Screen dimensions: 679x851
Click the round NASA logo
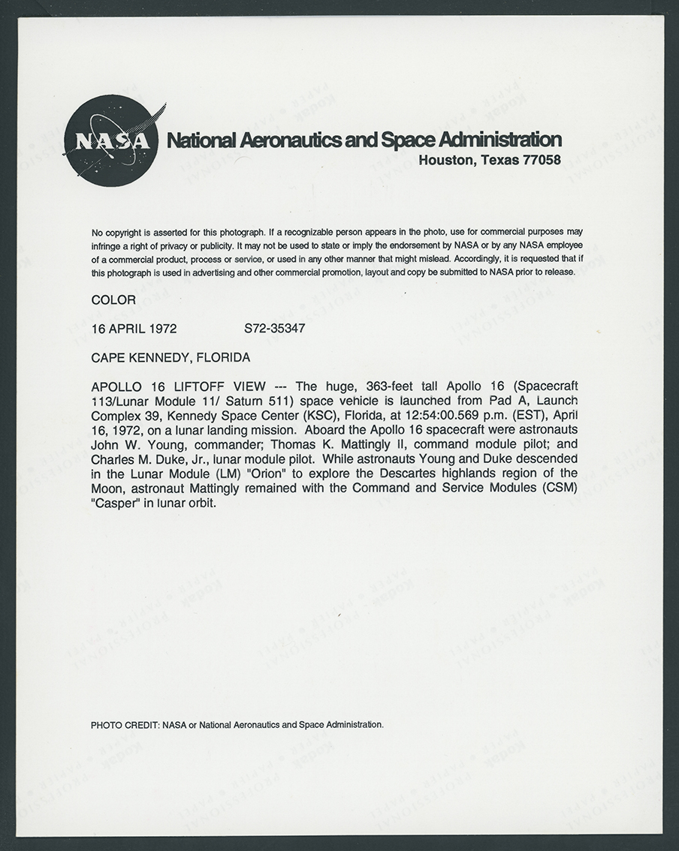tap(112, 141)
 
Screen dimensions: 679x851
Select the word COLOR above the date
tap(113, 300)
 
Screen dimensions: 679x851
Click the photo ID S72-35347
tap(274, 329)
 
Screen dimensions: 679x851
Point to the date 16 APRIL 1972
tap(134, 329)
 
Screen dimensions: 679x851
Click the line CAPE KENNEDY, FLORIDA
tap(171, 357)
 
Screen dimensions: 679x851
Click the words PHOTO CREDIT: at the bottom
tap(125, 725)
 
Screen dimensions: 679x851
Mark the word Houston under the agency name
tap(444, 160)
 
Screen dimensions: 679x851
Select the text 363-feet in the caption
tap(388, 386)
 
